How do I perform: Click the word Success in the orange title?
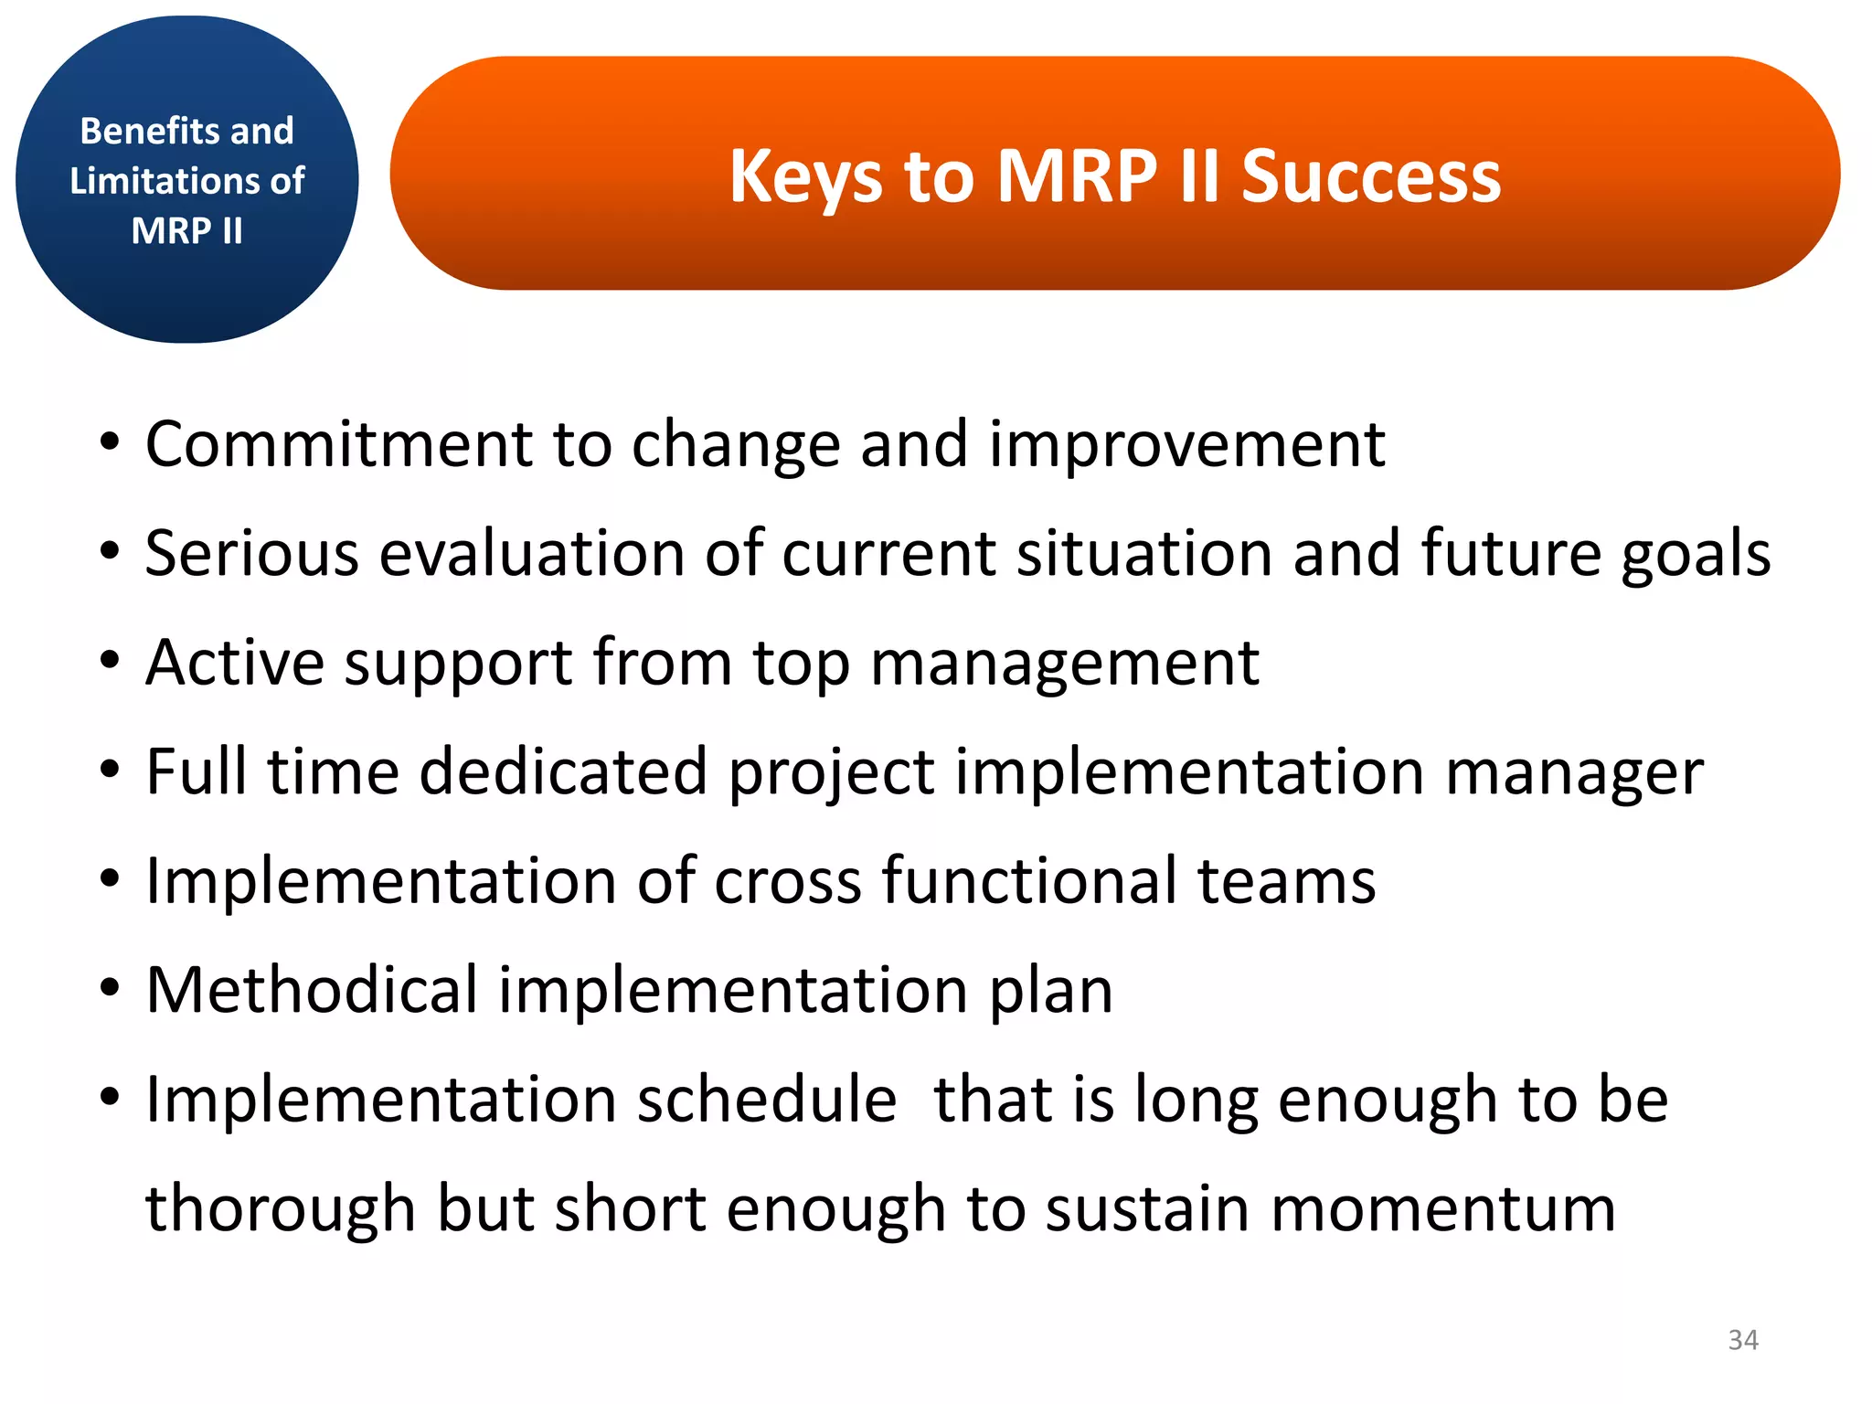click(1370, 175)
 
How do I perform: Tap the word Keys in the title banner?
click(804, 177)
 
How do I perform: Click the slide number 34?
click(1743, 1340)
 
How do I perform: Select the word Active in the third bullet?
click(235, 663)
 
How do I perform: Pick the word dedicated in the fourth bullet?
click(563, 772)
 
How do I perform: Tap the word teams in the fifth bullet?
click(1286, 881)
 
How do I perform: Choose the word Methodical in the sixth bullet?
click(312, 990)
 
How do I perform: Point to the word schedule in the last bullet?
click(767, 1100)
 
